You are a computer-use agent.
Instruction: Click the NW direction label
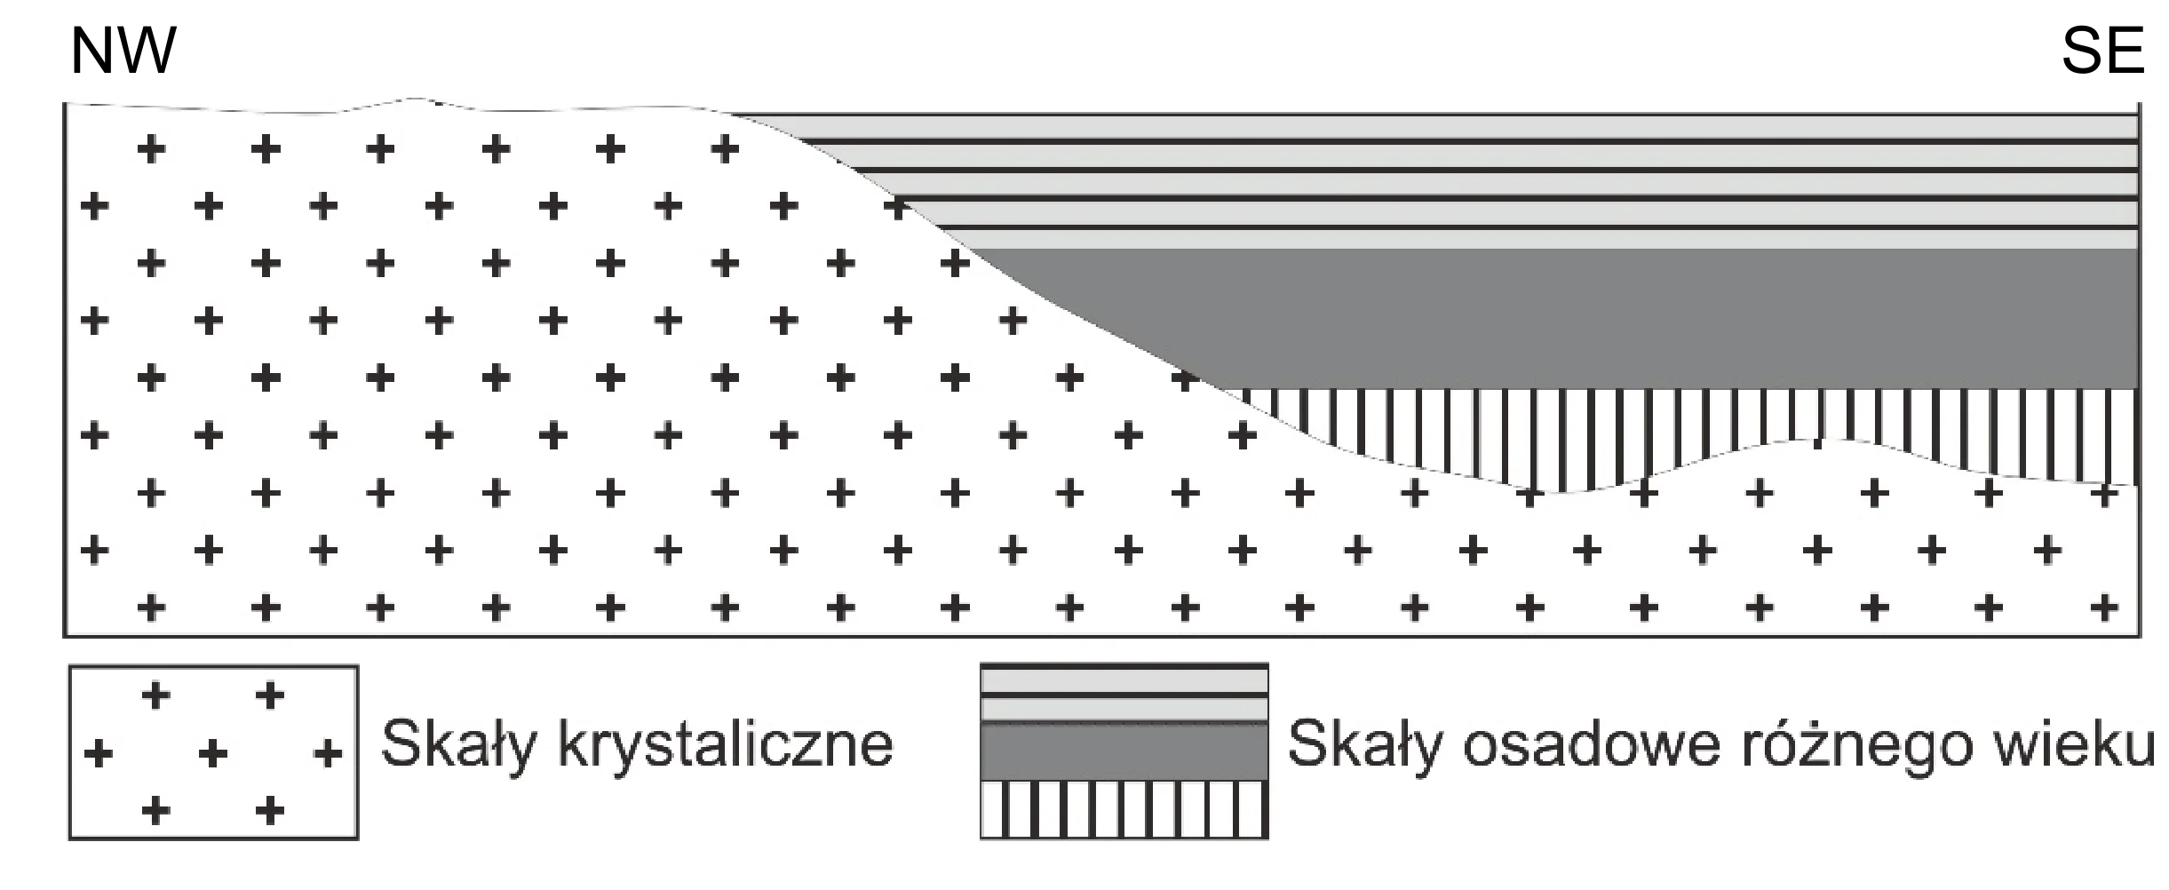(x=123, y=51)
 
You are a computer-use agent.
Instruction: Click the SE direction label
(x=2102, y=51)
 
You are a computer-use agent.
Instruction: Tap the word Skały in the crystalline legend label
(x=459, y=744)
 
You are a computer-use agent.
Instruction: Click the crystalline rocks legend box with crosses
(x=214, y=752)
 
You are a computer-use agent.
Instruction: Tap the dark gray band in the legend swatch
(x=1124, y=751)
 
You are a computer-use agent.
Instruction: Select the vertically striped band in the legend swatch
(x=1124, y=809)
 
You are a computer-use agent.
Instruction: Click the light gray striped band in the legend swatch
(x=1124, y=694)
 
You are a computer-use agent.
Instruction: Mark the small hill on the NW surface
(x=410, y=100)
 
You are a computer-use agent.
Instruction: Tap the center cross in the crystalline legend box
(x=213, y=753)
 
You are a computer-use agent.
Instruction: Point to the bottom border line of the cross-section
(x=1101, y=635)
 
